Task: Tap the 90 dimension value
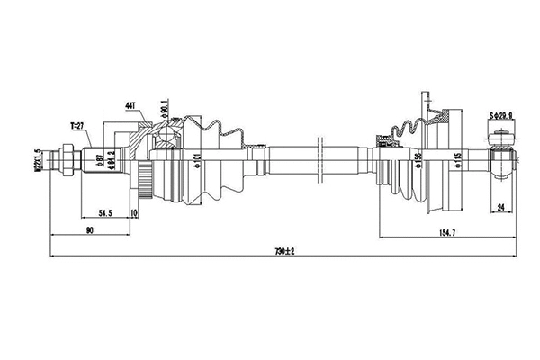pyautogui.click(x=90, y=231)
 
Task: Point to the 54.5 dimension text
pyautogui.click(x=104, y=212)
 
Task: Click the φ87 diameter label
pyautogui.click(x=99, y=162)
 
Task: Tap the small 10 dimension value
pyautogui.click(x=133, y=212)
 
